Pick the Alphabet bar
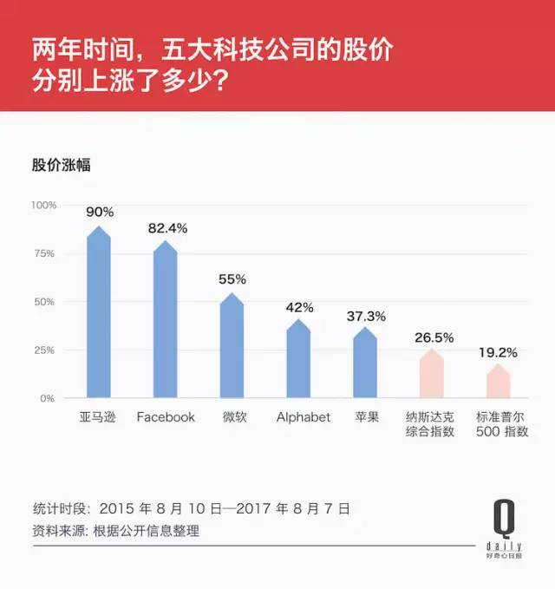pos(298,361)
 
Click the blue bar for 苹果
pos(365,365)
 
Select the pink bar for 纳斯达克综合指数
pos(432,376)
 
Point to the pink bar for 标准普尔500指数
pos(498,383)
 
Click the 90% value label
pos(99,212)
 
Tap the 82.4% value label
pos(167,227)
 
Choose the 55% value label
pos(232,279)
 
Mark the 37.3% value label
pos(366,316)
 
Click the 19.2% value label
pos(499,352)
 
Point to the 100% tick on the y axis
pos(43,206)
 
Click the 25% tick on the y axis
pos(45,350)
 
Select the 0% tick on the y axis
pos(48,399)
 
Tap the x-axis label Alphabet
pos(304,417)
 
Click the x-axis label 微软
pos(232,417)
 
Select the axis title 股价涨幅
pos(62,166)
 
